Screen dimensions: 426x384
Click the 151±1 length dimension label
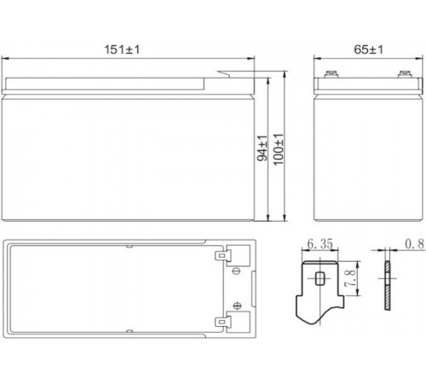point(122,49)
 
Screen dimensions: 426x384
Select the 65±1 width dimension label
point(368,49)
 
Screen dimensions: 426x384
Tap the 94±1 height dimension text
point(262,148)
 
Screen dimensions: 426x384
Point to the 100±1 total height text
point(279,149)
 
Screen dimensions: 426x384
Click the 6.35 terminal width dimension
point(320,244)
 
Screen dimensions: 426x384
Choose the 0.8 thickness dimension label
point(415,244)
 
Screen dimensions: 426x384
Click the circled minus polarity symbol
point(236,271)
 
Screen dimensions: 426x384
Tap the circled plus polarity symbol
point(237,305)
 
